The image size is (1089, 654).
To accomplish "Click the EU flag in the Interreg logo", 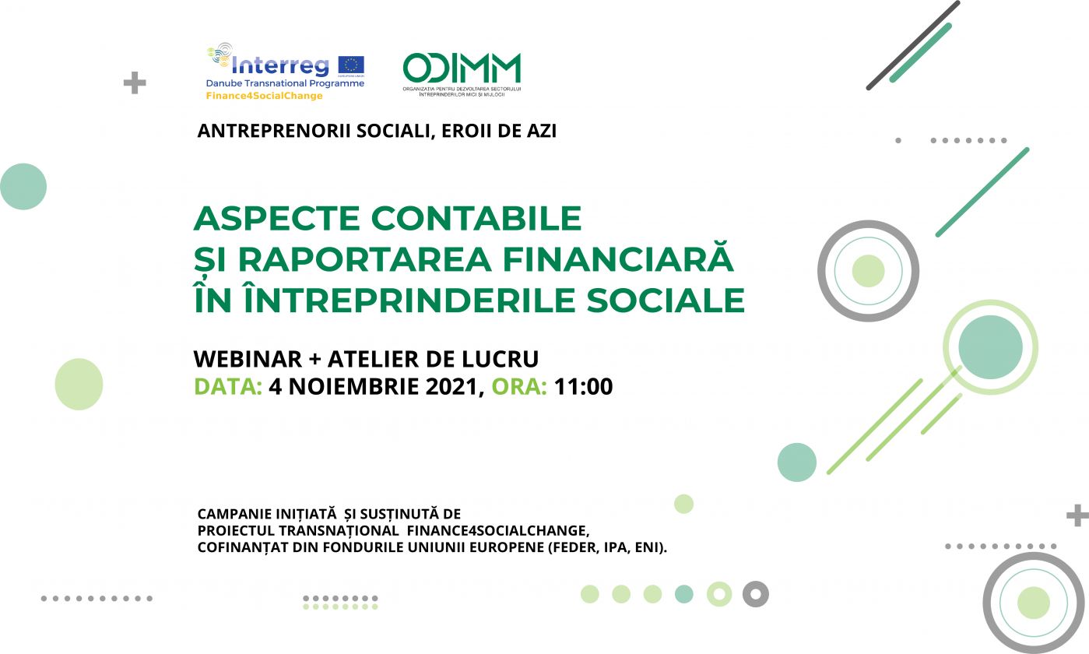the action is tap(351, 65).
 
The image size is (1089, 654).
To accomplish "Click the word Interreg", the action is tap(280, 65).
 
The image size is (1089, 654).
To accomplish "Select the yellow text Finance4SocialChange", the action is tap(264, 96).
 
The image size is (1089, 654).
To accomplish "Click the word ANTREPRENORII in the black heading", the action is tap(274, 130).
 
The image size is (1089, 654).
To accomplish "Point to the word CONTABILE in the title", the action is tap(476, 218).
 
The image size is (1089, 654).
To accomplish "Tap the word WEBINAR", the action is tap(248, 359).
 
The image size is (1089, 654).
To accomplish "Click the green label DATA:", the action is tap(228, 387).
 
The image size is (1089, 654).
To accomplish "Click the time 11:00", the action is tap(583, 387).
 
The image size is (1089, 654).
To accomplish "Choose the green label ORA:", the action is tap(519, 387).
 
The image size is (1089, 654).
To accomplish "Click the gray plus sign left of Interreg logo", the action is tap(135, 83).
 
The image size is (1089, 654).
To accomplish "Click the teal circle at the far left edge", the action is tap(23, 187).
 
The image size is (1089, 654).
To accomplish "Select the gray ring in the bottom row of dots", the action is tap(756, 594).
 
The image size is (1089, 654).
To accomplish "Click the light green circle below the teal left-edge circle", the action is tap(79, 384).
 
